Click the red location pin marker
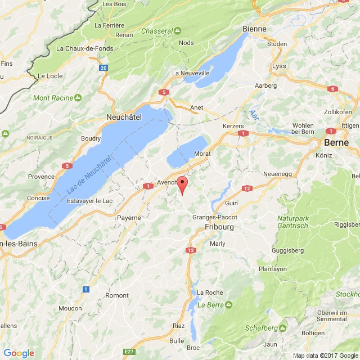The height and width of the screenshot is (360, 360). point(182,184)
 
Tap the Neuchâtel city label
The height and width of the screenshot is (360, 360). point(124,116)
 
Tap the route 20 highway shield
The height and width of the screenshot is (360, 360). point(103,67)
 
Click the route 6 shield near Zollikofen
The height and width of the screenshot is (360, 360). point(332,89)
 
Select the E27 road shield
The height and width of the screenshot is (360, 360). point(129,352)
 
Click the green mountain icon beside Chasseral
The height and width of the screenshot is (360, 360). point(178,30)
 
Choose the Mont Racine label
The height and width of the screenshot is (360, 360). point(53,98)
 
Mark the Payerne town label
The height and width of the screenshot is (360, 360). point(129,217)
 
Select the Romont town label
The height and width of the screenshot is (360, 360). point(117,295)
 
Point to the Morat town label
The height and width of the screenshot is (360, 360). point(202,154)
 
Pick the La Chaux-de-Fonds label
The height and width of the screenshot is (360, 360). point(82,48)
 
